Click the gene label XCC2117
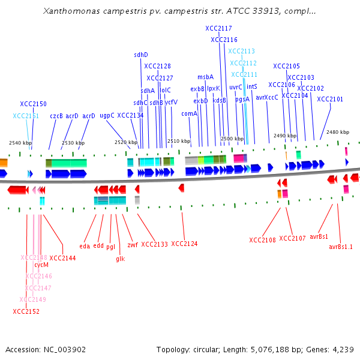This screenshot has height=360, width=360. pyautogui.click(x=218, y=28)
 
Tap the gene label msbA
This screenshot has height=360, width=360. pyautogui.click(x=205, y=77)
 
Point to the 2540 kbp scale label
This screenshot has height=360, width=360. pyautogui.click(x=20, y=143)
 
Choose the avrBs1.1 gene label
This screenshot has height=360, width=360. pyautogui.click(x=341, y=247)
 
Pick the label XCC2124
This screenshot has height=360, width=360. pyautogui.click(x=184, y=244)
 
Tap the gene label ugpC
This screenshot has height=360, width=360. pyautogui.click(x=107, y=116)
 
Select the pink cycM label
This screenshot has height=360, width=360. pyautogui.click(x=41, y=265)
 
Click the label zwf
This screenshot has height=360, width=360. pyautogui.click(x=133, y=245)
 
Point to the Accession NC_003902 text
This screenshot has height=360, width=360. pyautogui.click(x=46, y=349)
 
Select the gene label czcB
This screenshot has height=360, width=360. pyautogui.click(x=56, y=116)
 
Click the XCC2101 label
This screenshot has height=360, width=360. pyautogui.click(x=330, y=99)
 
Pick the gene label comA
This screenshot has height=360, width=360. pyautogui.click(x=189, y=113)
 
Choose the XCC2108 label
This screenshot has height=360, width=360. pyautogui.click(x=263, y=240)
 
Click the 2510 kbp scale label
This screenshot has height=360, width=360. pyautogui.click(x=179, y=141)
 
